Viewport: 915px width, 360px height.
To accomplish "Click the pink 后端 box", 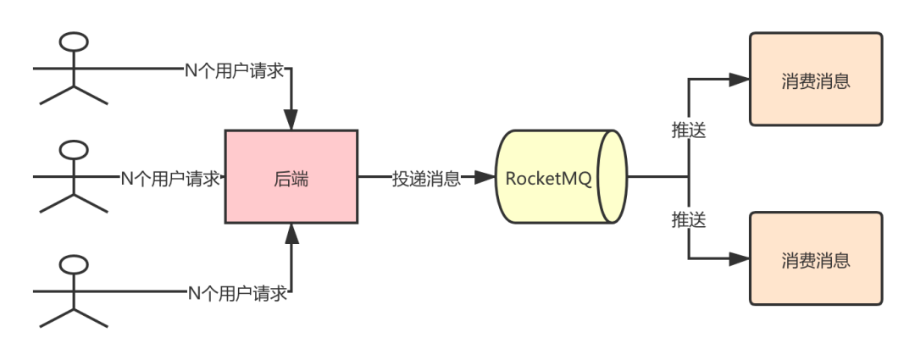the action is coord(291,177).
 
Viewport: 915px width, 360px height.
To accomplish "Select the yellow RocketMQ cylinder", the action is coord(562,177).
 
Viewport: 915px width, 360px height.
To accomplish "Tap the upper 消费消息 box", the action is coord(816,80).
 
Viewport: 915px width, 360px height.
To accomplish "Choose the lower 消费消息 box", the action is coord(816,258).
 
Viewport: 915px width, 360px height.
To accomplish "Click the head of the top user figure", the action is coord(74,42).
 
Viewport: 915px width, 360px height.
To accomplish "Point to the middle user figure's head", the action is coord(74,150).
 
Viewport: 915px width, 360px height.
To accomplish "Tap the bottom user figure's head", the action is coord(74,264).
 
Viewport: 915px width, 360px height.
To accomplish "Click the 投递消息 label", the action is coord(426,178).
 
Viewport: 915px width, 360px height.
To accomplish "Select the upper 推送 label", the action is coord(689,130).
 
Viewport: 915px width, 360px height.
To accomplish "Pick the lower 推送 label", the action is coord(689,220).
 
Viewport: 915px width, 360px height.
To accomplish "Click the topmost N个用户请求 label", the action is coord(235,70).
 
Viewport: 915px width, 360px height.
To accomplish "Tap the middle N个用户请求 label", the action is coord(170,178).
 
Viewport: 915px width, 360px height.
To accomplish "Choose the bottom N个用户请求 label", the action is coord(237,293).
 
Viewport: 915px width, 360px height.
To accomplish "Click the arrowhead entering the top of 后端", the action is coord(291,119).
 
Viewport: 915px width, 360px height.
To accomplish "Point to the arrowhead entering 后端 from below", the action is coord(291,234).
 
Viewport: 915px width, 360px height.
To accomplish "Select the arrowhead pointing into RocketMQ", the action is coord(485,177).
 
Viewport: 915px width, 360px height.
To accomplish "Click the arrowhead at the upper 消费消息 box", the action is coord(740,80).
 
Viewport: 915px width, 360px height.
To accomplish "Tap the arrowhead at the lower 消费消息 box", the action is coord(740,258).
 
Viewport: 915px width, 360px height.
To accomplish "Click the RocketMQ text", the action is coord(548,178).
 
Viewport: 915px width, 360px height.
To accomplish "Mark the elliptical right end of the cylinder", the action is coord(613,177).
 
